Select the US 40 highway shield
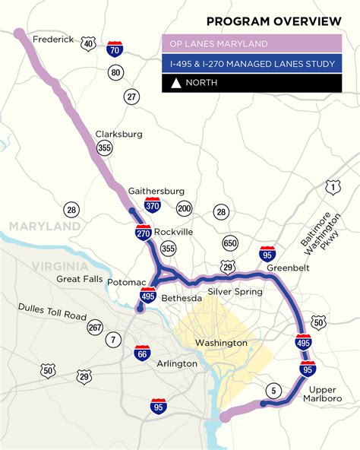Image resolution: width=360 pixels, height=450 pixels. coord(90,46)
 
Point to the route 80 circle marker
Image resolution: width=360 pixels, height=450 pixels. coord(115,73)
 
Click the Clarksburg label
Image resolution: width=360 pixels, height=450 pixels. coord(118,134)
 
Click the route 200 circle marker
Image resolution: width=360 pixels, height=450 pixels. coord(184,208)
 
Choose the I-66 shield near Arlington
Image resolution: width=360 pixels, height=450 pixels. coord(141,353)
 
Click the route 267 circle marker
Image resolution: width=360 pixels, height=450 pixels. coord(94,327)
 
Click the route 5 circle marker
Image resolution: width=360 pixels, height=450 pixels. coord(273,391)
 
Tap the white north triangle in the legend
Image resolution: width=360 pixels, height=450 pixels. coord(175,83)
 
